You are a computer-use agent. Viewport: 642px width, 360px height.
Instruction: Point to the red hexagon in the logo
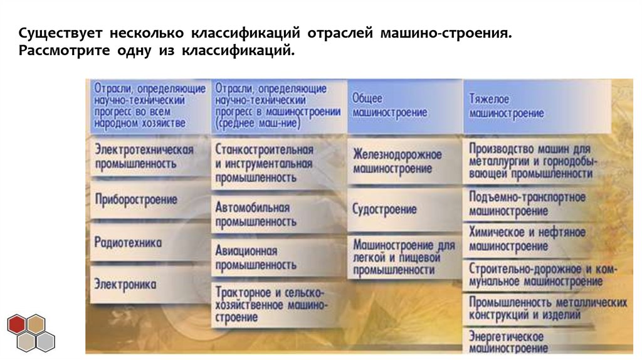pos(18,324)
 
